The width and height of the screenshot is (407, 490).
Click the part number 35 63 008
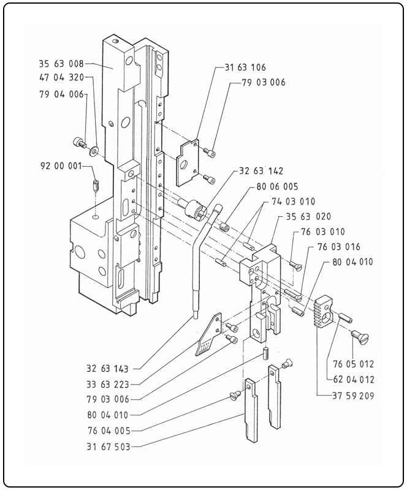click(x=60, y=63)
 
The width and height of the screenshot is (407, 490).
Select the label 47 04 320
click(x=60, y=78)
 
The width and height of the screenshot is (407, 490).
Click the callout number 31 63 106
click(x=244, y=67)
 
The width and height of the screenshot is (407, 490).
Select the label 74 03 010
click(x=293, y=202)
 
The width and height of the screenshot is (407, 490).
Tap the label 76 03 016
click(x=339, y=247)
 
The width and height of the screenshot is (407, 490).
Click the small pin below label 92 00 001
click(x=95, y=186)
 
